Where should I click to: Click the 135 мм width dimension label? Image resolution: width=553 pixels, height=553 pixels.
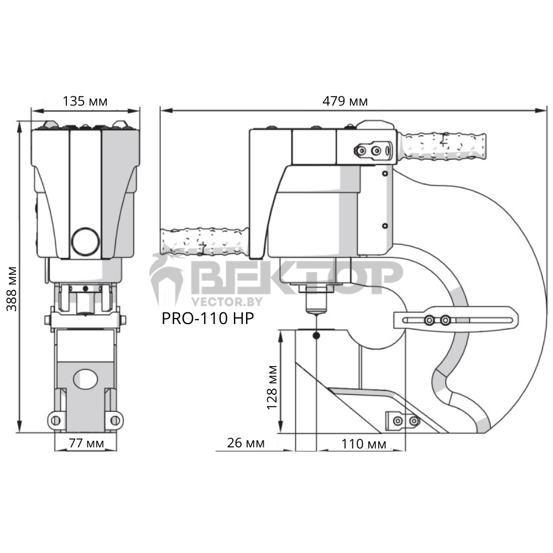click(85, 101)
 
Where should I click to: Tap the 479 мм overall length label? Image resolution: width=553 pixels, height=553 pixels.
click(345, 101)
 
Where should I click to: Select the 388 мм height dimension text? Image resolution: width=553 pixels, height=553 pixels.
click(12, 289)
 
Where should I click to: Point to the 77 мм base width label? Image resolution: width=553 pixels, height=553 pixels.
click(86, 443)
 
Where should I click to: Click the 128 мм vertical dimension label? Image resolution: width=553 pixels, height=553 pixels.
click(272, 387)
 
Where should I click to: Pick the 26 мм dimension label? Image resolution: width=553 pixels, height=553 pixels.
click(246, 443)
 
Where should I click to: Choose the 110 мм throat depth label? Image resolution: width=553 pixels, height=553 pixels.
click(364, 444)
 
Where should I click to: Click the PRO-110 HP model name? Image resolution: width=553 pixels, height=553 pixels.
click(208, 318)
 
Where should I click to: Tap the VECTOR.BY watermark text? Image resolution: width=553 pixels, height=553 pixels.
click(227, 301)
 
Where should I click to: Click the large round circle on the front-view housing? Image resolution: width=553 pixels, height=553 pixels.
click(85, 242)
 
